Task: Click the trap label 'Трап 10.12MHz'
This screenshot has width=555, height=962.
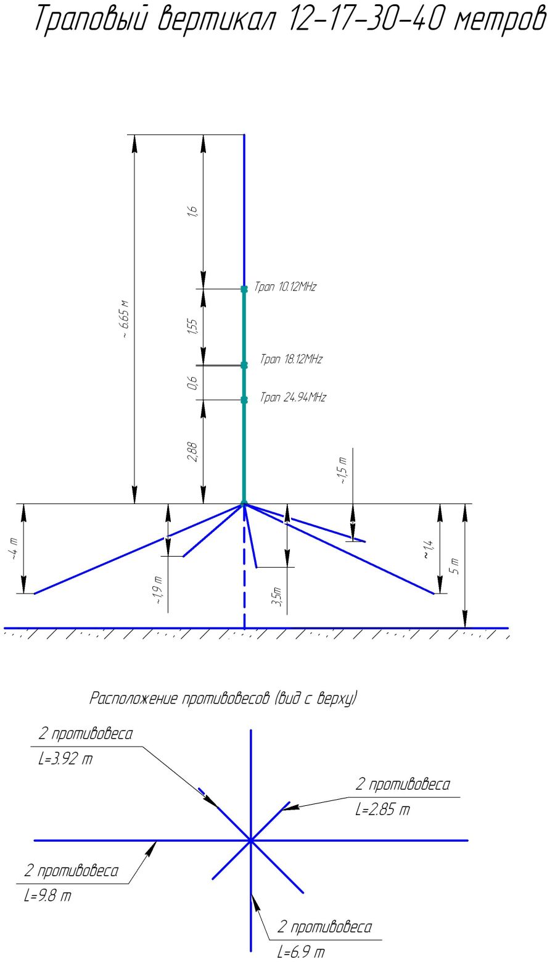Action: click(x=286, y=287)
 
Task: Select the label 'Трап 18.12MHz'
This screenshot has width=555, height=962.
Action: click(x=291, y=359)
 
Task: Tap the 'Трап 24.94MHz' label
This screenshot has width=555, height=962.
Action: click(x=293, y=397)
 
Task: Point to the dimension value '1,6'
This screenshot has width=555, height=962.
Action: click(x=193, y=211)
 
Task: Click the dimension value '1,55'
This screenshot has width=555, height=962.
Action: click(x=193, y=326)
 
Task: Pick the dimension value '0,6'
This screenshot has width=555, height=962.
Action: click(x=193, y=383)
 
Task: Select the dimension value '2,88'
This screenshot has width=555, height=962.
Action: click(x=193, y=452)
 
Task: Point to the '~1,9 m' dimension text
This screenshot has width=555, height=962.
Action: click(x=158, y=589)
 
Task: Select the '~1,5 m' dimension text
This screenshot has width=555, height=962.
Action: click(x=343, y=470)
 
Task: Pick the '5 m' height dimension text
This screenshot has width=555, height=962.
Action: click(x=455, y=566)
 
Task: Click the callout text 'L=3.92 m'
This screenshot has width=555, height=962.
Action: click(x=65, y=759)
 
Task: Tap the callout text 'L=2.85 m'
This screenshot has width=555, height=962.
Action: click(x=382, y=810)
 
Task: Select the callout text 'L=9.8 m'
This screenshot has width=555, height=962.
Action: click(x=47, y=896)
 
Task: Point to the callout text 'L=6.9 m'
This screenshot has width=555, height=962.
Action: click(x=301, y=952)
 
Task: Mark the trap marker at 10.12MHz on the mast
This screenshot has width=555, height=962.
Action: click(x=244, y=288)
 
